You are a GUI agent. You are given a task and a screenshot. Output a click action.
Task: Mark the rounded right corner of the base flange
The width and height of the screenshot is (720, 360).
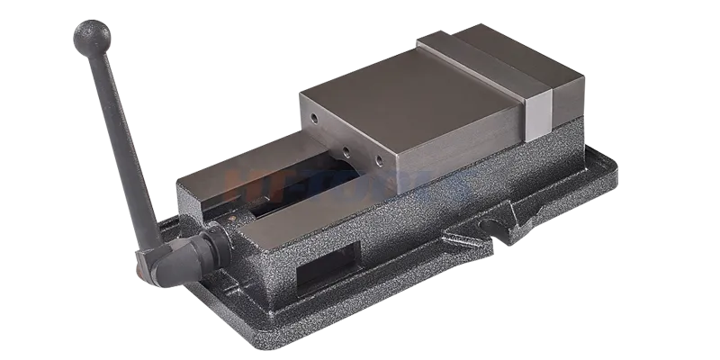611,166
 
